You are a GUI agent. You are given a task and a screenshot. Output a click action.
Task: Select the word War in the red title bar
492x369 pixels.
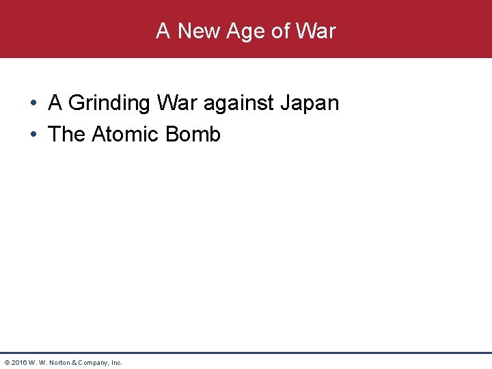[x=316, y=31]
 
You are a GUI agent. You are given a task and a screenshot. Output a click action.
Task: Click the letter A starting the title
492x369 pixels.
[x=163, y=31]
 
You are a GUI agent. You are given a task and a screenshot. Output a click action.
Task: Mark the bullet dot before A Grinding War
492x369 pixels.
[x=33, y=104]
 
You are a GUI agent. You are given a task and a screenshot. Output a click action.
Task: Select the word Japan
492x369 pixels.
[x=312, y=103]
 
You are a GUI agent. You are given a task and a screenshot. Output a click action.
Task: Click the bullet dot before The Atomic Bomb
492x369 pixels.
[x=33, y=135]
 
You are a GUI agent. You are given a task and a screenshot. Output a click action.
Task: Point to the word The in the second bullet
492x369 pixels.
[x=66, y=134]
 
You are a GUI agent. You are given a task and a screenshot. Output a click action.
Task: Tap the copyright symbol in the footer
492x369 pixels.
[x=7, y=362]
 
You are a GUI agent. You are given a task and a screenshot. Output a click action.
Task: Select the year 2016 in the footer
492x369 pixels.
[x=18, y=362]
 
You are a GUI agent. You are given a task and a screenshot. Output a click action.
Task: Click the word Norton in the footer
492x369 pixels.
[x=60, y=362]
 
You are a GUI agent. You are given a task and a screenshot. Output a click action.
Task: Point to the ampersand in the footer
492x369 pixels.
[x=77, y=362]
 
